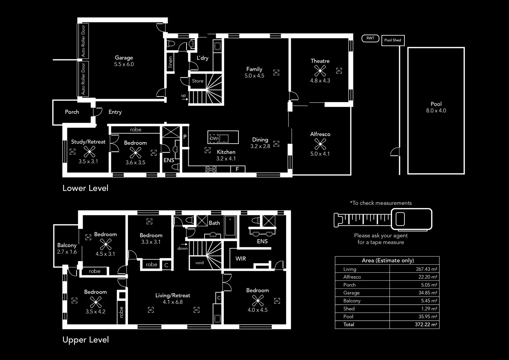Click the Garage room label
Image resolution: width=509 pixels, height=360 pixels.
pos(124,58)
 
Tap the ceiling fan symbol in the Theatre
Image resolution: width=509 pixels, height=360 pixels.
pos(320,71)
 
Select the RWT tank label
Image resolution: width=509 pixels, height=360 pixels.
pos(370,38)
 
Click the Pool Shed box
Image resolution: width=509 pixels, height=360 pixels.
pos(393,40)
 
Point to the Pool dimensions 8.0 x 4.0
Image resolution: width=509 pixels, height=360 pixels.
pos(436,111)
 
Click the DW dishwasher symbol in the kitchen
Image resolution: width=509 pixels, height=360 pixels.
pos(214,138)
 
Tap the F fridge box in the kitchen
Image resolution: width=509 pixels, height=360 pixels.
pos(237,169)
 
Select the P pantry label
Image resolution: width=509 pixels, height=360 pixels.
pos(185,137)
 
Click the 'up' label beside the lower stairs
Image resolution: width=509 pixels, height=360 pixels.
pos(184,96)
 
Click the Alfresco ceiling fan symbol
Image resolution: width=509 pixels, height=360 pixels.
pos(320,144)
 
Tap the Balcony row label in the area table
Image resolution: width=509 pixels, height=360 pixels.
pos(352,301)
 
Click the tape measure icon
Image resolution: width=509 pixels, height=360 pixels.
pos(383,219)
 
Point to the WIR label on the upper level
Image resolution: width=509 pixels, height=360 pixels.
pos(241,259)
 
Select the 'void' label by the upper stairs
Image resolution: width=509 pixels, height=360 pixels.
pos(200,263)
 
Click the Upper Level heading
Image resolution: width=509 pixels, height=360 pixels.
pos(86,340)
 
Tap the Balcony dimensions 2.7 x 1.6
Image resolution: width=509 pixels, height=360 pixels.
pos(67,252)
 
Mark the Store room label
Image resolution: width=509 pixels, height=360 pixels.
pos(198,81)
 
